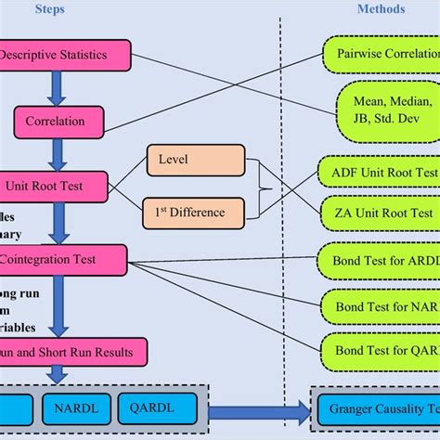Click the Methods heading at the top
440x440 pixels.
(x=381, y=10)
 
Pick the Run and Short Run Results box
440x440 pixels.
(x=79, y=352)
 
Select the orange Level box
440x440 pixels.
(x=186, y=160)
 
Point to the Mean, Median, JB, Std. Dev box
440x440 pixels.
(x=384, y=109)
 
